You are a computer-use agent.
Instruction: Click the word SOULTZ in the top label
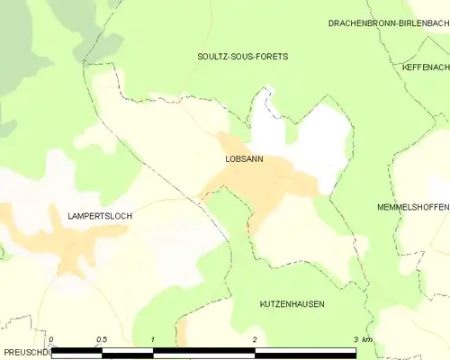213,56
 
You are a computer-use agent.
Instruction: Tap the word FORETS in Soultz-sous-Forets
270,56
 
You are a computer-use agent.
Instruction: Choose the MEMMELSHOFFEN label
413,207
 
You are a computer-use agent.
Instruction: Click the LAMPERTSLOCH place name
99,216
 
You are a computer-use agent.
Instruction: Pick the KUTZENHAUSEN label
292,304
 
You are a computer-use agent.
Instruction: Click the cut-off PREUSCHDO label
22,353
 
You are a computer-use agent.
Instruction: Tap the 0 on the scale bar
52,339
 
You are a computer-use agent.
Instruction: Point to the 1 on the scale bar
153,339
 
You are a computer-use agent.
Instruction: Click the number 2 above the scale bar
255,339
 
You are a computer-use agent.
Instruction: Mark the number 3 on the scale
355,339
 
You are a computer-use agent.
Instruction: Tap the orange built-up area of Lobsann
270,180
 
